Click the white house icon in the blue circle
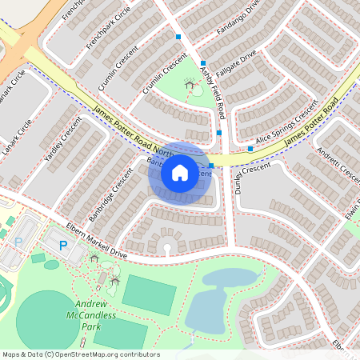point(179,172)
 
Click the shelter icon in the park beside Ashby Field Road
point(190,83)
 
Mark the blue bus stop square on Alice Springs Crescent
point(250,149)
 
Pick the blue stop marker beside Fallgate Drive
point(203,63)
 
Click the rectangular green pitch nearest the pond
point(148,294)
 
